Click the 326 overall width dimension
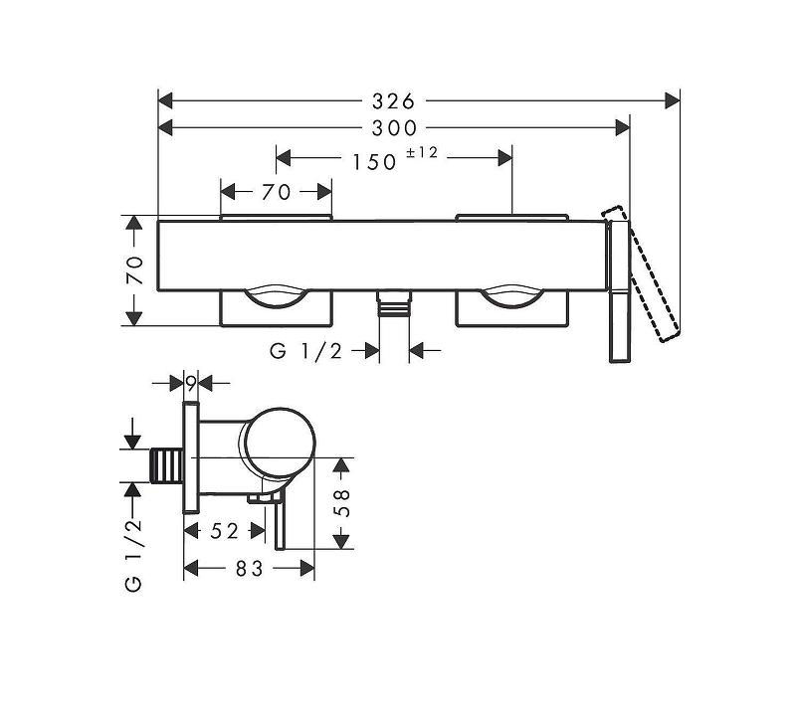click(393, 101)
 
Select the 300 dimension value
click(394, 128)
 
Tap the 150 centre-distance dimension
click(374, 162)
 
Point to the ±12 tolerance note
click(422, 152)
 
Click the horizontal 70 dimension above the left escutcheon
click(277, 192)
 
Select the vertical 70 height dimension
click(135, 270)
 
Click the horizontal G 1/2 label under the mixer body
click(306, 351)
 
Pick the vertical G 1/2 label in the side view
click(134, 555)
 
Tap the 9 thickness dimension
click(191, 384)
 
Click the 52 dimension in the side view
click(225, 531)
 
